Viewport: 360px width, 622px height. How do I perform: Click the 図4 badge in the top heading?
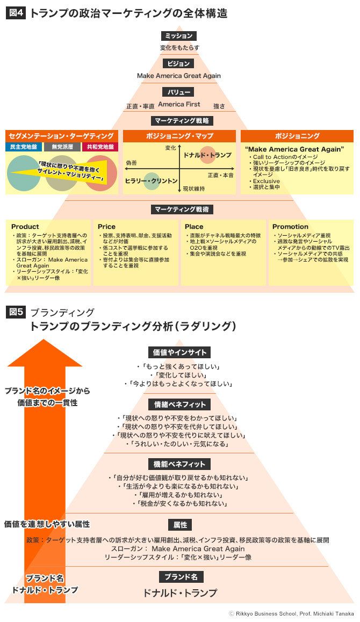pyautogui.click(x=16, y=13)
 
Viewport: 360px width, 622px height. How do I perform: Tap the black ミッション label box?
pyautogui.click(x=178, y=36)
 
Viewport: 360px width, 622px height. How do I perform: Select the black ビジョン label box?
pyautogui.click(x=178, y=63)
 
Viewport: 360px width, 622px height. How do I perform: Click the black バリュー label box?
pyautogui.click(x=178, y=92)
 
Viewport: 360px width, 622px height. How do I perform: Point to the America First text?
pyautogui.click(x=179, y=104)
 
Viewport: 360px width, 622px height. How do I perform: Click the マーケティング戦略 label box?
pyautogui.click(x=179, y=120)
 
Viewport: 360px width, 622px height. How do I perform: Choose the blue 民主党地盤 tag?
pyautogui.click(x=23, y=147)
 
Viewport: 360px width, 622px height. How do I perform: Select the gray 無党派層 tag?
pyautogui.click(x=62, y=147)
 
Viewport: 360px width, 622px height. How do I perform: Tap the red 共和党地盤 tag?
pyautogui.click(x=100, y=147)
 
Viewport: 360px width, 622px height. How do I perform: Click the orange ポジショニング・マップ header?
pyautogui.click(x=179, y=136)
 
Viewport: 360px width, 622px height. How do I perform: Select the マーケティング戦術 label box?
pyautogui.click(x=179, y=209)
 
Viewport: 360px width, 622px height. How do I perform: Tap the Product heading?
pyautogui.click(x=25, y=227)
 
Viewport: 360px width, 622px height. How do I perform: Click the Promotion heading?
pyautogui.click(x=290, y=227)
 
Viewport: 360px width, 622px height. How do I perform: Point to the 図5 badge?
pyautogui.click(x=16, y=312)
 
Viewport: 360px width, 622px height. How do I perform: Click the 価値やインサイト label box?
pyautogui.click(x=179, y=352)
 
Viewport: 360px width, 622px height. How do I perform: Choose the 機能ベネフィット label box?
pyautogui.click(x=179, y=464)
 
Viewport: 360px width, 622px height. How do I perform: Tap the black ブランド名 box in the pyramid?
pyautogui.click(x=181, y=577)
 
